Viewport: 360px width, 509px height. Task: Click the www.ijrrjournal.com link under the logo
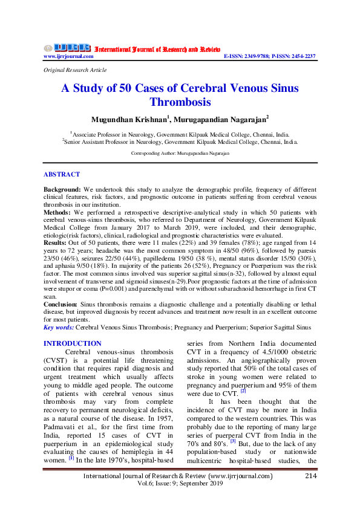(68, 56)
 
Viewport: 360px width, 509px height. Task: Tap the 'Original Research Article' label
(70, 70)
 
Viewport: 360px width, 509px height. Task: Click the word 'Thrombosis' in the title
(180, 102)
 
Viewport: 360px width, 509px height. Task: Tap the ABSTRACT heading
(62, 174)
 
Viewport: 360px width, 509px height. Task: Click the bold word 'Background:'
(62, 189)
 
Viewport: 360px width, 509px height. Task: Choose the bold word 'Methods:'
(58, 213)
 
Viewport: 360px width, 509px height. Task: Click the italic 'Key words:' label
(59, 327)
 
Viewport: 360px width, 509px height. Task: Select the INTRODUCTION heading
(73, 343)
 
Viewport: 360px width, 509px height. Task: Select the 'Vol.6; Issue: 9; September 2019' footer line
(180, 485)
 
